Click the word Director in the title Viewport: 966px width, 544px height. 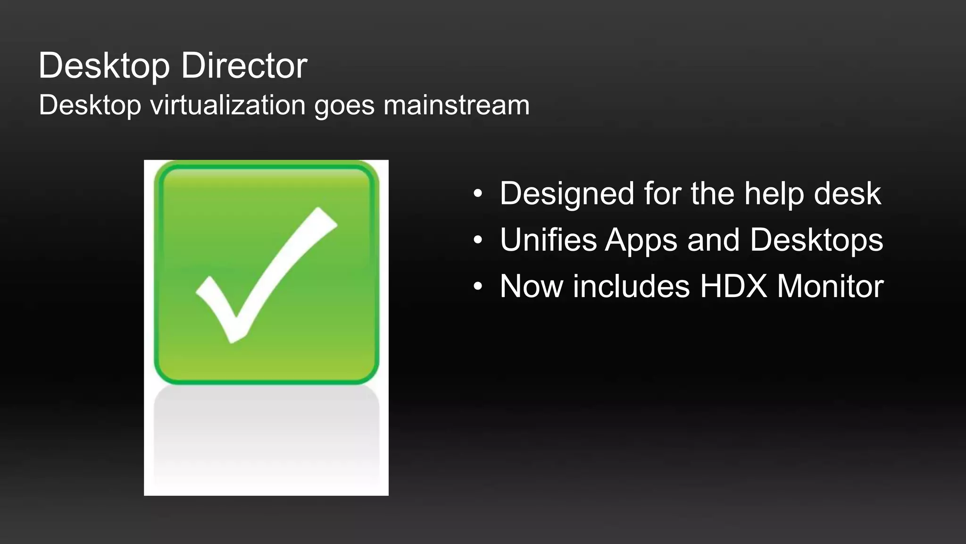tap(244, 66)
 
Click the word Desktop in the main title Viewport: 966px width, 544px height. tap(104, 66)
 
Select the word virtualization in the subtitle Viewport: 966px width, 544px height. tap(227, 105)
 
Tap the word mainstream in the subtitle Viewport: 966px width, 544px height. tap(456, 105)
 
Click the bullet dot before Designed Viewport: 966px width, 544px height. tap(478, 193)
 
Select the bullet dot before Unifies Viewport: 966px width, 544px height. tap(478, 240)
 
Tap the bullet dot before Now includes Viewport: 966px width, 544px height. tap(478, 286)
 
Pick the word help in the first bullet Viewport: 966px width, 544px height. tap(774, 194)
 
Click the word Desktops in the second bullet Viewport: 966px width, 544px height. tap(816, 240)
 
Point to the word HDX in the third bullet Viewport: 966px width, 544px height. tap(733, 286)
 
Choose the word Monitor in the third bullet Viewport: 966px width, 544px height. tap(830, 286)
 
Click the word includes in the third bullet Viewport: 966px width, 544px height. tap(631, 286)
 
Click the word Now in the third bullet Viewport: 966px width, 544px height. tap(531, 286)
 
